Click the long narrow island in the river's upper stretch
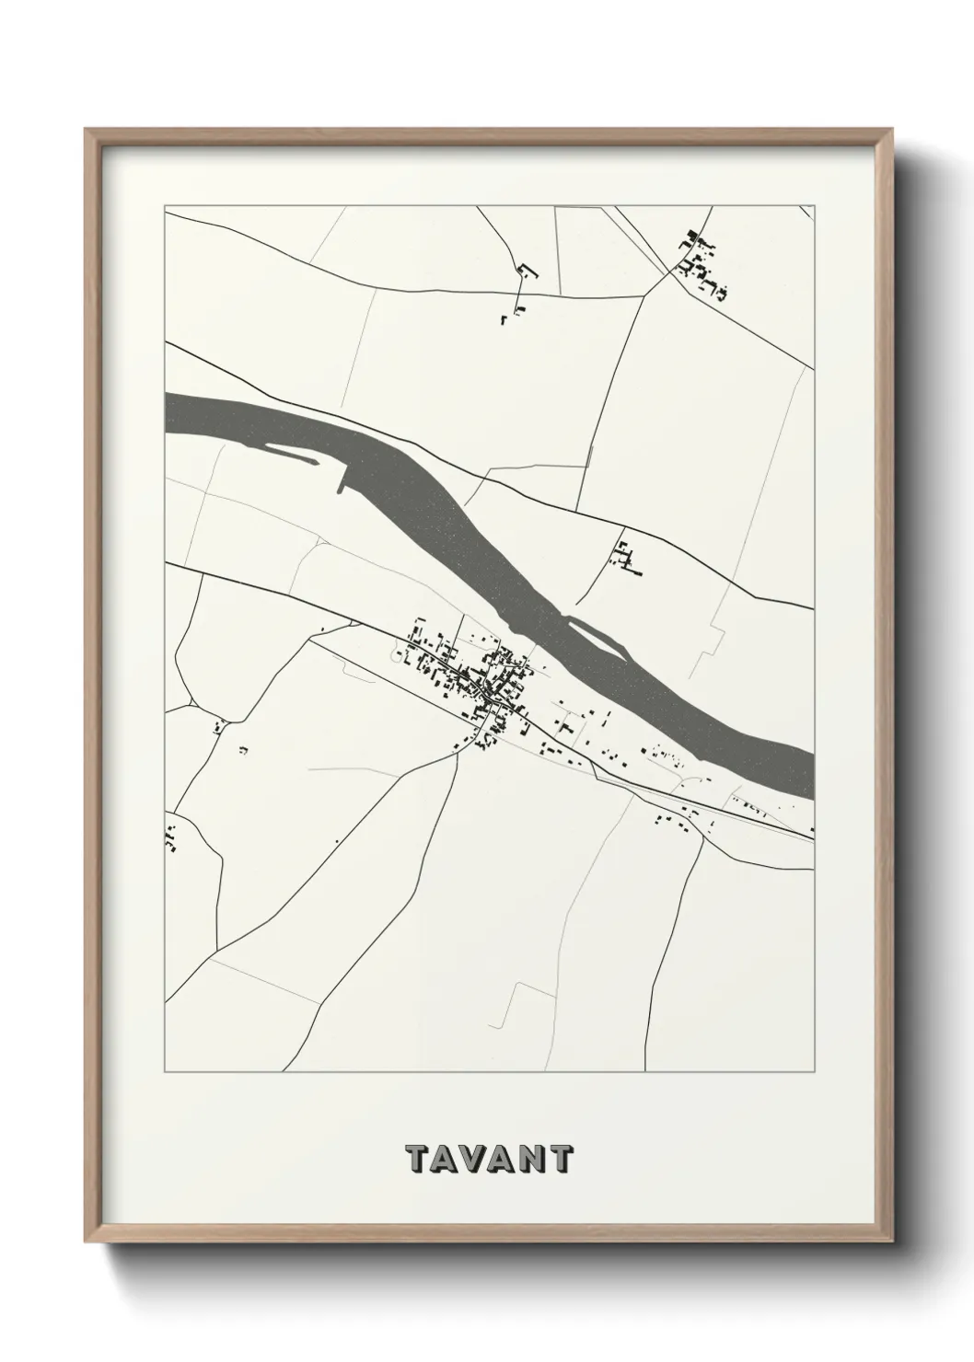(293, 453)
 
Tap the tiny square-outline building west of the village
(399, 656)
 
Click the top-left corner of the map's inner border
(165, 207)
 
